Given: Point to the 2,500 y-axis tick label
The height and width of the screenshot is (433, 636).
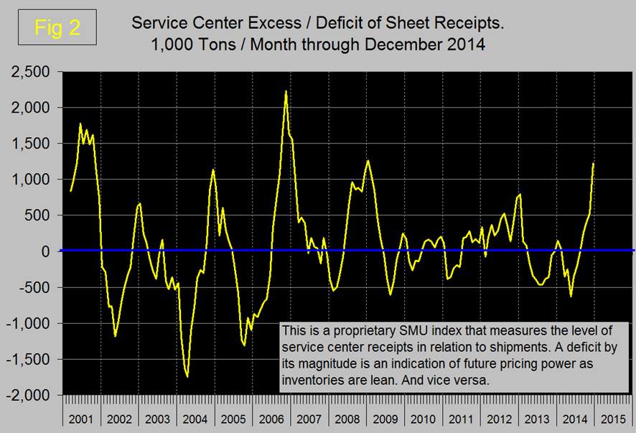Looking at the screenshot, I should [28, 72].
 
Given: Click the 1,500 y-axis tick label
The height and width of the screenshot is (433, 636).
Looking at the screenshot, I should [28, 144].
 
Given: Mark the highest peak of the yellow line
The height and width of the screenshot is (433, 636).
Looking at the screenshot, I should [286, 91].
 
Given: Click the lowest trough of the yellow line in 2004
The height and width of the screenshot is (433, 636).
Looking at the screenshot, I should [187, 376].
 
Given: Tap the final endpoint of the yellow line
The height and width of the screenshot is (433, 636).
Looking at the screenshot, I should [594, 164].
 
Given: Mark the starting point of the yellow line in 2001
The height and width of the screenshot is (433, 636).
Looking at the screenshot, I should [70, 191].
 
